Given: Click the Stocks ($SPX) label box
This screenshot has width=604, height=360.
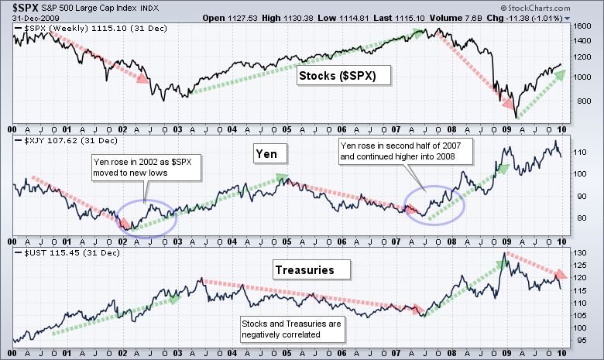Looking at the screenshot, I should (343, 76).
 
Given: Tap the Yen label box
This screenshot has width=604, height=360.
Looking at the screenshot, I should (273, 155).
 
